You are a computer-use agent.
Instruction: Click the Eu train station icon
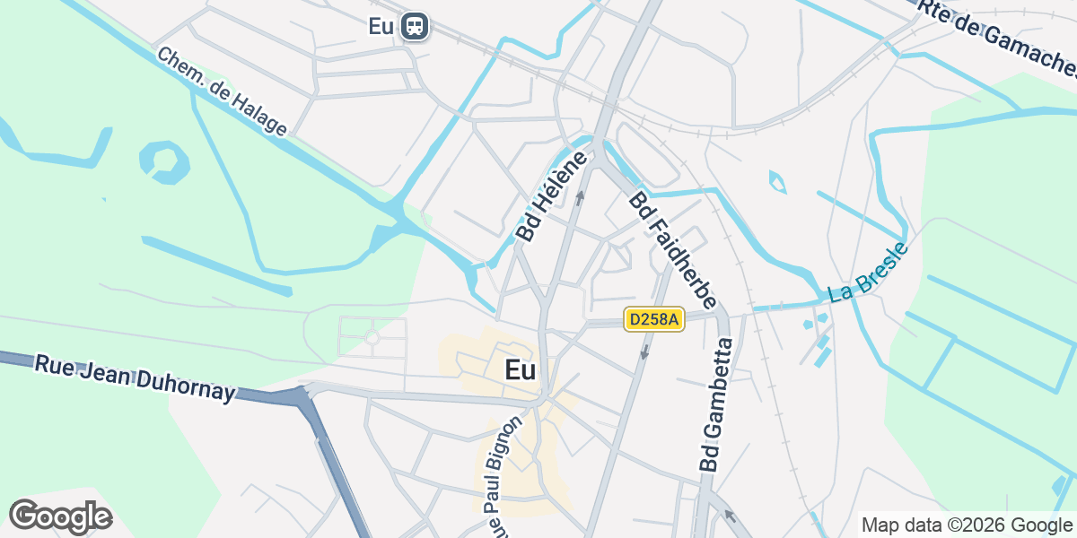pyautogui.click(x=415, y=25)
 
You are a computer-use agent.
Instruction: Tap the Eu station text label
pyautogui.click(x=381, y=26)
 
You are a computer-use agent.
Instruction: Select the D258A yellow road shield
pyautogui.click(x=654, y=319)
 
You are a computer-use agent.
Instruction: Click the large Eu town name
pyautogui.click(x=521, y=369)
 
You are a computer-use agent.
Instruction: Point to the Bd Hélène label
pyautogui.click(x=551, y=195)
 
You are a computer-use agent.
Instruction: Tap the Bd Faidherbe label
pyautogui.click(x=672, y=250)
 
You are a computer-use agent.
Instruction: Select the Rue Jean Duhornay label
pyautogui.click(x=135, y=377)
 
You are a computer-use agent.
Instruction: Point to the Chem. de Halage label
pyautogui.click(x=222, y=91)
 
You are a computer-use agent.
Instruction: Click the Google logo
pyautogui.click(x=60, y=516)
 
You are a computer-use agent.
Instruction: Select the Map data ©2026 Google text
pyautogui.click(x=966, y=525)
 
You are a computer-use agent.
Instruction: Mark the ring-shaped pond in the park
pyautogui.click(x=164, y=161)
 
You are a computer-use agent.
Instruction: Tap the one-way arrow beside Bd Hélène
pyautogui.click(x=580, y=196)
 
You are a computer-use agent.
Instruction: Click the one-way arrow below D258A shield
pyautogui.click(x=644, y=351)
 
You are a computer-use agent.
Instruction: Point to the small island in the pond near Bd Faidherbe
pyautogui.click(x=778, y=183)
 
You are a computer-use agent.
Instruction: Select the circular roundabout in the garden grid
pyautogui.click(x=372, y=337)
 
